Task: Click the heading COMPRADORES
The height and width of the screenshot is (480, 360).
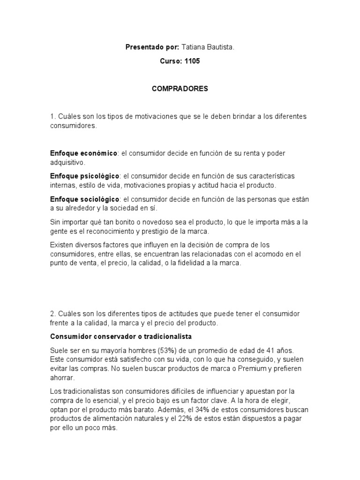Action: (180, 89)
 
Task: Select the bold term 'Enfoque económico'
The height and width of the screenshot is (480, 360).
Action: (83, 153)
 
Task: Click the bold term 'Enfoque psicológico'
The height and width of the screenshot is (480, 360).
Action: (85, 176)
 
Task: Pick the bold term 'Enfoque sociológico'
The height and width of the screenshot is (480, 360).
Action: (85, 199)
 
